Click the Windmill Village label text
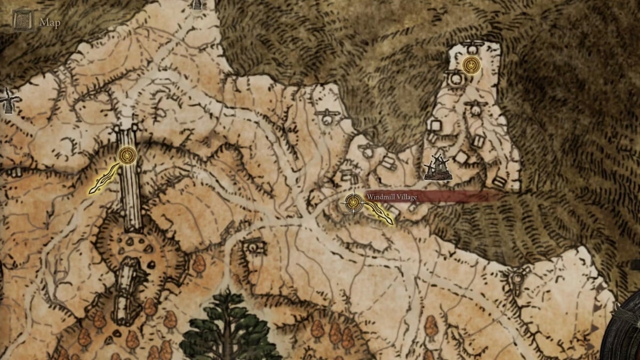(x=391, y=197)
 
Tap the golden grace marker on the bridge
(x=127, y=156)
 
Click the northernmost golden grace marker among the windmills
(x=471, y=65)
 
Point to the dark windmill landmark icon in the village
(x=438, y=167)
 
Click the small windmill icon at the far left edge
(x=9, y=100)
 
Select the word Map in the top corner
(x=50, y=23)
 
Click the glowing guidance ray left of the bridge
(x=105, y=178)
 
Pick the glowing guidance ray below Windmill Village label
(x=379, y=214)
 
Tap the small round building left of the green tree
(x=255, y=247)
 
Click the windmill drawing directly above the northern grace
(x=473, y=46)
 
